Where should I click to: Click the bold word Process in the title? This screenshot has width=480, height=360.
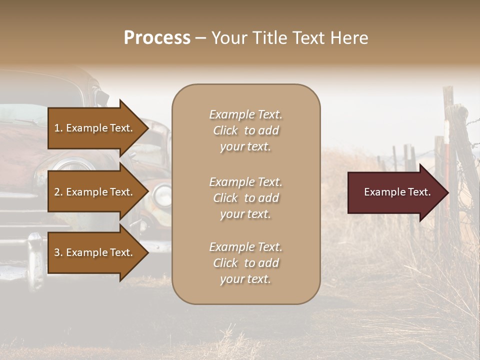coord(157,38)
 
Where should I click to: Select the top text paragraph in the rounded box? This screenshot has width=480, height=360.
coord(245,130)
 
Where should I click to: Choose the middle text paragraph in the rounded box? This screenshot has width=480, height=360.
coord(245,198)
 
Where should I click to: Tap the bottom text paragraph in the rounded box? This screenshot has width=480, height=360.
coord(245,263)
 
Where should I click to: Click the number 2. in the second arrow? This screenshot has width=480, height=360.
coord(58,192)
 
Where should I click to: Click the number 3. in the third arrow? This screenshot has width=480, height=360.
coord(58,252)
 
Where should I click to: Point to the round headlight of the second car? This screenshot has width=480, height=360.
coord(162,195)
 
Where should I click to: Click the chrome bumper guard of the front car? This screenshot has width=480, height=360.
coord(35,260)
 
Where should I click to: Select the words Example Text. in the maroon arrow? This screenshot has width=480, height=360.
coord(397,192)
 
